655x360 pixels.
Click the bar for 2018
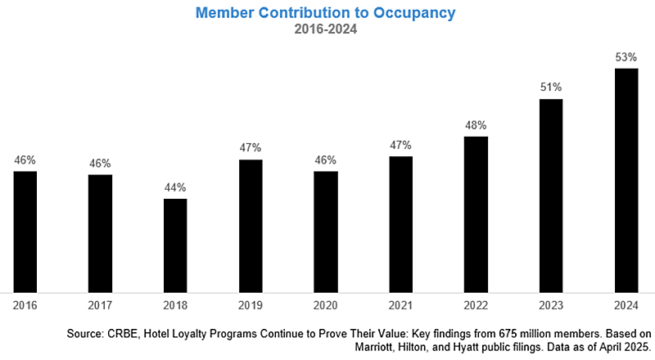point(175,245)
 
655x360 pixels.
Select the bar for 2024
point(626,179)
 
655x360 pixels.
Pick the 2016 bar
point(25,231)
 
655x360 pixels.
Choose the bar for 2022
point(476,214)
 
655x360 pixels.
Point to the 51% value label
point(551,88)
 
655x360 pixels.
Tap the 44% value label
point(175,187)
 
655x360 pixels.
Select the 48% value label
point(476,125)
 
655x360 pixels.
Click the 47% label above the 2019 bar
point(251,148)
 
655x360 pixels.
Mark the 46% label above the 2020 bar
point(326,160)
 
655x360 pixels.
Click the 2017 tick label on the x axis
point(100,304)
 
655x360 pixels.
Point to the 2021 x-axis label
point(400,304)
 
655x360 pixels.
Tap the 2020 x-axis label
point(326,304)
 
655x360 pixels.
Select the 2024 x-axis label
point(626,304)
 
